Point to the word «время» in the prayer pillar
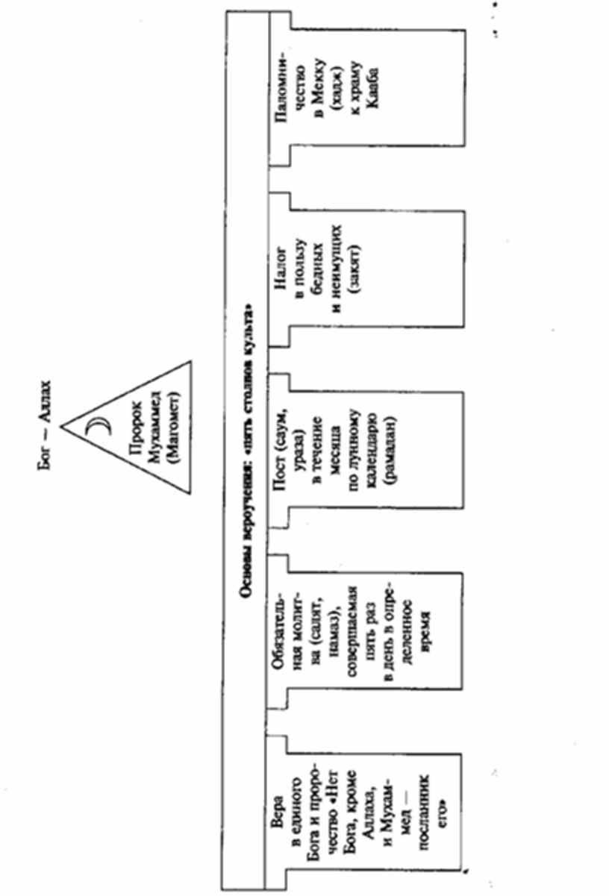425,634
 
